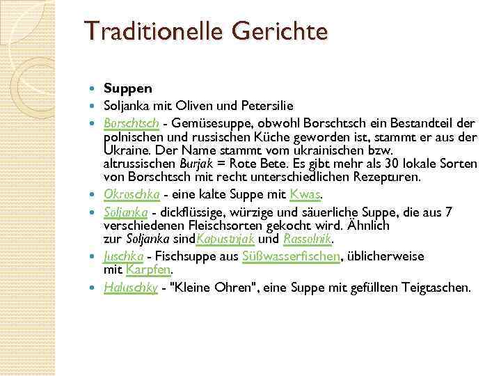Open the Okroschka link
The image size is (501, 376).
point(132,192)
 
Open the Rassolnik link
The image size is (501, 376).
point(306,239)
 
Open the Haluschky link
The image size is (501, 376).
point(130,286)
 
